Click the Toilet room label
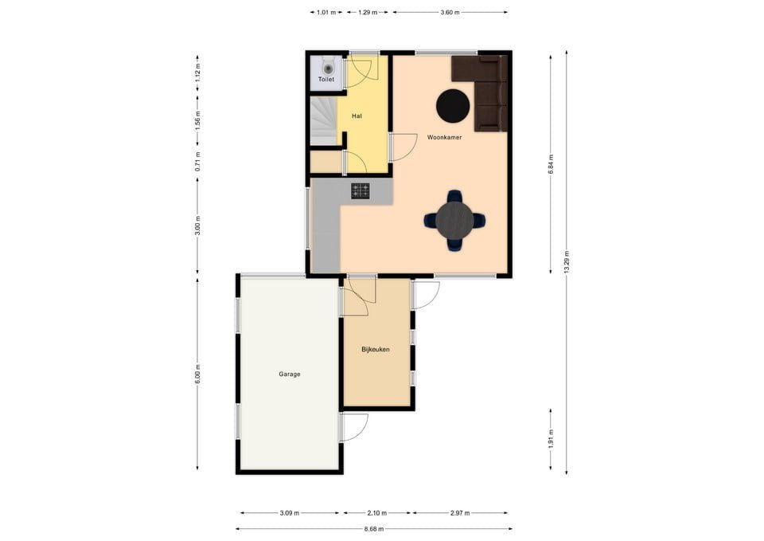pos(326,80)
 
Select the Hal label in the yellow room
pos(357,116)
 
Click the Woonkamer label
pos(444,137)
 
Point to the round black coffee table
pos(453,106)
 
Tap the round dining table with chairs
pos(454,219)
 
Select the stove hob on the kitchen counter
pos(361,190)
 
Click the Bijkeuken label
pos(375,349)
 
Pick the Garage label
pos(290,374)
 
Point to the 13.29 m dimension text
pos(567,261)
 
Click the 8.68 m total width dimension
pos(374,528)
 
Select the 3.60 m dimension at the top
pos(450,12)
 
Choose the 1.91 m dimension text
pos(550,438)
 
